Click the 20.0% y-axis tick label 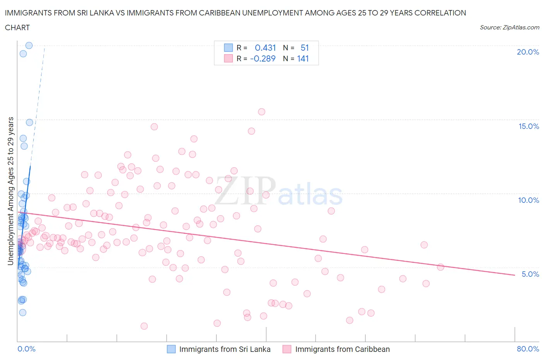(x=528, y=52)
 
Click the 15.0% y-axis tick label (x=529, y=126)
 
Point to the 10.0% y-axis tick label (x=529, y=200)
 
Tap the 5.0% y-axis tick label (x=530, y=274)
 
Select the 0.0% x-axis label (x=26, y=349)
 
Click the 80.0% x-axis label (x=528, y=349)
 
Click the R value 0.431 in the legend (x=265, y=48)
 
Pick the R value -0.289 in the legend (x=263, y=58)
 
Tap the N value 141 (x=303, y=58)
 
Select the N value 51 (x=305, y=48)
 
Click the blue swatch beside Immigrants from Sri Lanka (x=171, y=349)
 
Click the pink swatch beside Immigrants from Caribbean (x=287, y=349)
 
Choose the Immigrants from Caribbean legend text (x=342, y=349)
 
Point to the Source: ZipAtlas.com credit (x=509, y=27)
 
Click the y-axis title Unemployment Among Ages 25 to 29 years (x=11, y=191)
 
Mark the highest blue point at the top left (x=29, y=45)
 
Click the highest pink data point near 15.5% (x=262, y=112)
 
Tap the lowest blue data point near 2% (x=22, y=312)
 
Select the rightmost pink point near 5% (x=440, y=267)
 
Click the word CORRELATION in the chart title (x=440, y=13)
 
